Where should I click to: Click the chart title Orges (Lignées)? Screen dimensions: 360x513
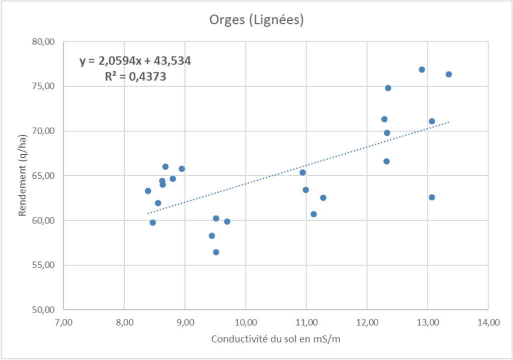tap(256, 21)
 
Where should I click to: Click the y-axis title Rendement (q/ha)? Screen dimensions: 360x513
tap(23, 175)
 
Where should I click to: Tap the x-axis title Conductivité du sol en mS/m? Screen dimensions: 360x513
tap(277, 339)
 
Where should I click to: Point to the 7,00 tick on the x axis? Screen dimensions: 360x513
tap(64, 323)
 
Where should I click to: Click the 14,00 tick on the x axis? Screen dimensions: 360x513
tap(488, 323)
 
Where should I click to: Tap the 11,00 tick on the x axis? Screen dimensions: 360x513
tap(307, 323)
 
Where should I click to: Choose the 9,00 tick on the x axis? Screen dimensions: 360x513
tap(185, 323)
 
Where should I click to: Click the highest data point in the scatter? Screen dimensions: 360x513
tap(422, 70)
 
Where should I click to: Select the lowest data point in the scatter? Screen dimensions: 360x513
tap(216, 252)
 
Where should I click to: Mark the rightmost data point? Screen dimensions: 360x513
tap(449, 74)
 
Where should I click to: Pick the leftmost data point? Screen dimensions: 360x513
tap(148, 191)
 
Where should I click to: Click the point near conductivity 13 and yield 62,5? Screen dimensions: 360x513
tap(432, 197)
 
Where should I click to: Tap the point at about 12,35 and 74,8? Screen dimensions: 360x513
tap(388, 88)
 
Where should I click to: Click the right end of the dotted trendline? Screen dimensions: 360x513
tap(449, 122)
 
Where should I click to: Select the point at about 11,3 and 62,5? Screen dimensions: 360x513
tap(323, 198)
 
